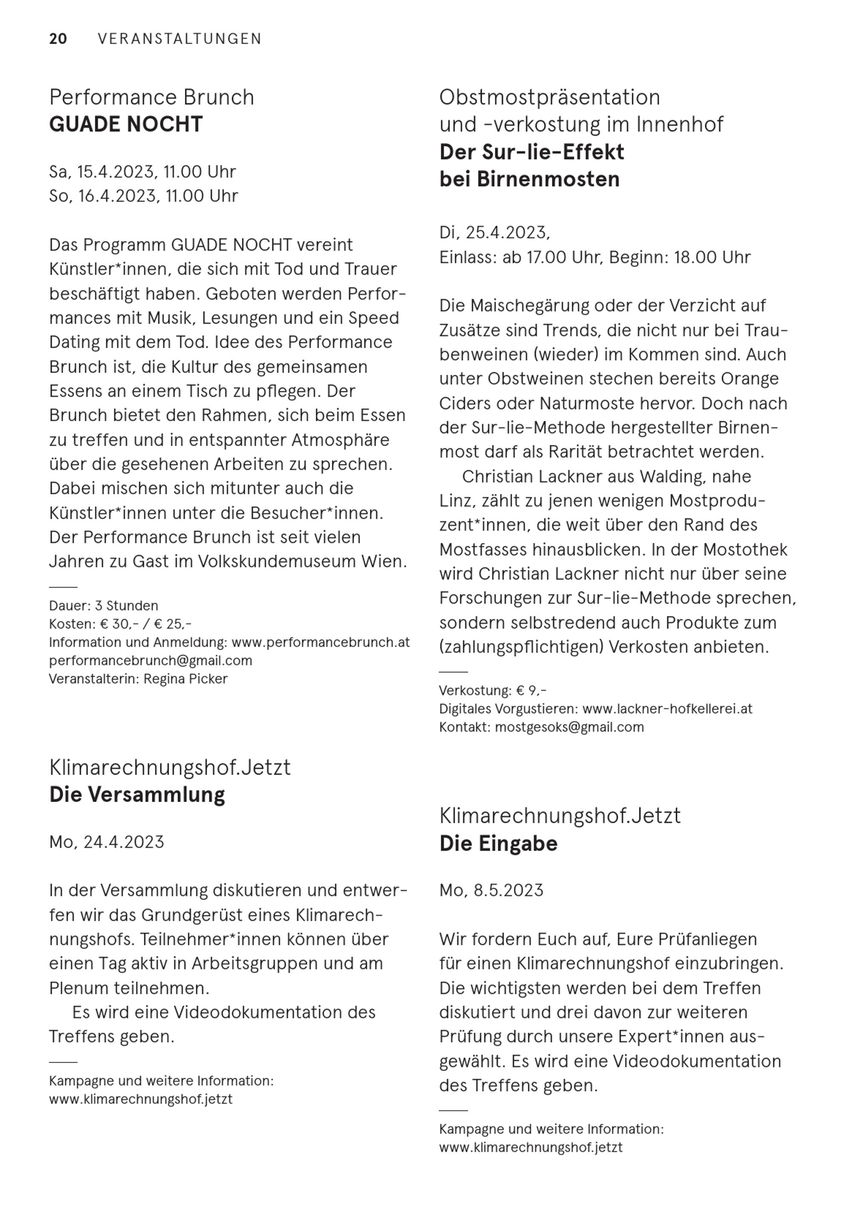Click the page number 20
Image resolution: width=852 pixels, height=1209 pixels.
[x=58, y=39]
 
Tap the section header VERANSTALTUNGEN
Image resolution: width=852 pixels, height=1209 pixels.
[x=180, y=39]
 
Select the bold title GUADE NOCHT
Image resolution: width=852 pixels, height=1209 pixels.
[x=126, y=124]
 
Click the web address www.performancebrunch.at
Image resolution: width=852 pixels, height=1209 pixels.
[x=320, y=643]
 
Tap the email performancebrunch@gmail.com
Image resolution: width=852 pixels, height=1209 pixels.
[x=151, y=660]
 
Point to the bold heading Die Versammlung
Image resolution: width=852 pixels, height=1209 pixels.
[x=137, y=795]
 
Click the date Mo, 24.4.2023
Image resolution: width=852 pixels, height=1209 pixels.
[x=106, y=842]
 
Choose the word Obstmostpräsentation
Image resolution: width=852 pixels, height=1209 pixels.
[x=550, y=98]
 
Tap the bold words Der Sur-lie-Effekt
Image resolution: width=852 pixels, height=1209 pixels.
[x=532, y=152]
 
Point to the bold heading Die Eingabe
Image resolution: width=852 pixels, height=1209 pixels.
[x=498, y=844]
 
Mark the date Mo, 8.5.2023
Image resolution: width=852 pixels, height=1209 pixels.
[x=492, y=890]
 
